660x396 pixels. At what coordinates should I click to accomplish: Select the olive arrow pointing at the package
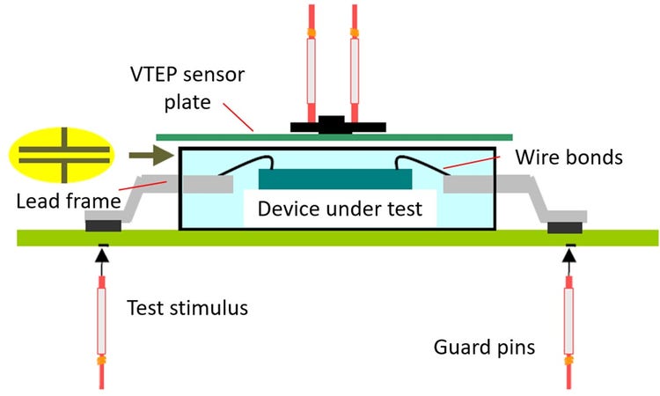(x=150, y=156)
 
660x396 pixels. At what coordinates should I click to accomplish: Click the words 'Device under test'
(x=340, y=211)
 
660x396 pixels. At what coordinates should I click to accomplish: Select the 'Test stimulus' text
(x=187, y=308)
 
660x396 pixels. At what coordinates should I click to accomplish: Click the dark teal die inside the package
(x=335, y=179)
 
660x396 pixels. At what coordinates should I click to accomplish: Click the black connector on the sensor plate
(x=333, y=126)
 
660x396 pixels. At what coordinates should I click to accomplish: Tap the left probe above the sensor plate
(x=312, y=62)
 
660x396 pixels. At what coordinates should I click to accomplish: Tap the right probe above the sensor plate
(x=355, y=62)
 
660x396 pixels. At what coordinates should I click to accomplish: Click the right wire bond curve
(x=421, y=163)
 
